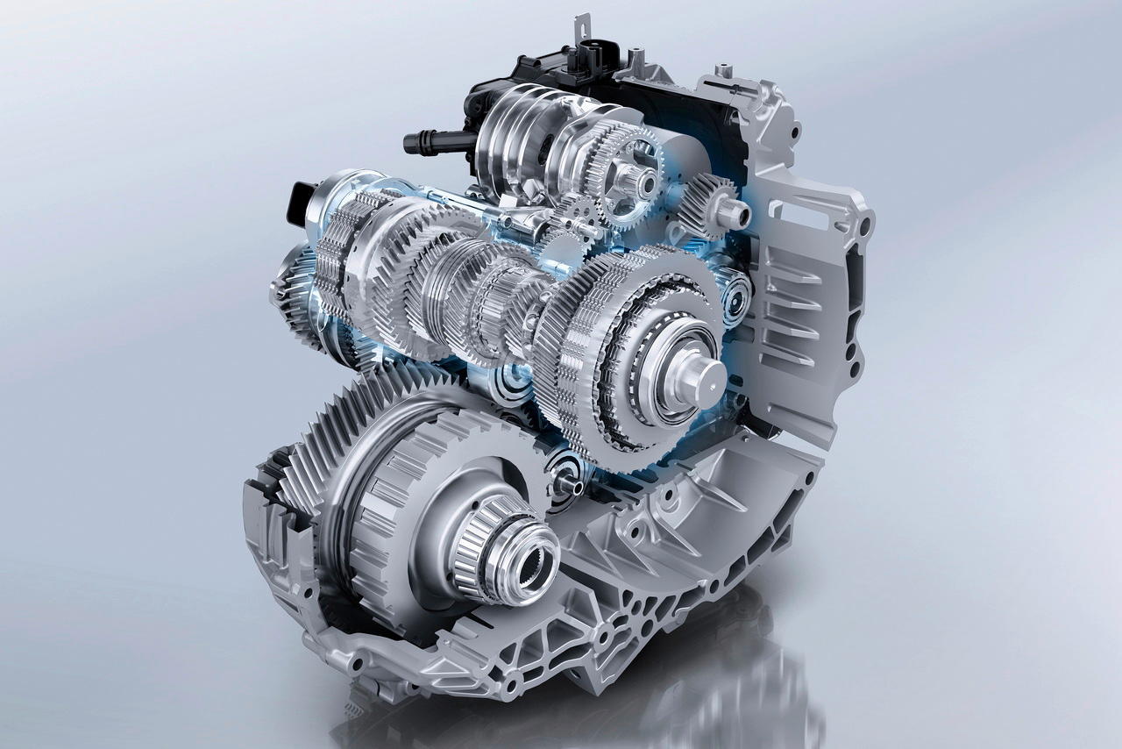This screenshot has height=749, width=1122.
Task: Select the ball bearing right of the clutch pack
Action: tap(735, 293)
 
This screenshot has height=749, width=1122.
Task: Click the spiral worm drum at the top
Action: tap(517, 132)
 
